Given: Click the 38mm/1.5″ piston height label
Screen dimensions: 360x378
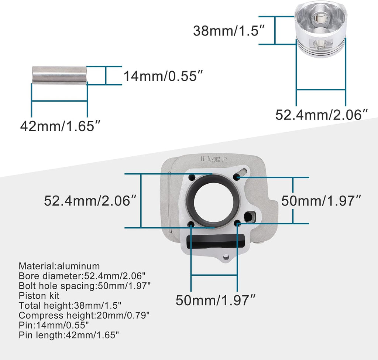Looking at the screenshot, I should (229, 30).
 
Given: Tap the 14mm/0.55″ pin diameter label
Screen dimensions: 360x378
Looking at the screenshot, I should (163, 77).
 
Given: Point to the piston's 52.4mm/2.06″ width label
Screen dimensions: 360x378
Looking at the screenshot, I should (322, 115).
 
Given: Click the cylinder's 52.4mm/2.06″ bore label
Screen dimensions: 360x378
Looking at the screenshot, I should (91, 201).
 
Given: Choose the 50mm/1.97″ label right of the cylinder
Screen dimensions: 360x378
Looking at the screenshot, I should (321, 201).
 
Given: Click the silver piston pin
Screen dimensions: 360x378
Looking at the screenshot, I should (59, 75).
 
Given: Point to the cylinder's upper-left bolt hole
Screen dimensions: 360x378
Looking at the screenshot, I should (191, 178).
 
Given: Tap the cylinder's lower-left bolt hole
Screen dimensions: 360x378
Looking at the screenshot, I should (191, 224).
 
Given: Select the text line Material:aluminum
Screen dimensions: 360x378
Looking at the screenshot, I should (59, 266).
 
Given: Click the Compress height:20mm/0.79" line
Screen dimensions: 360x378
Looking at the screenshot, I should (85, 315).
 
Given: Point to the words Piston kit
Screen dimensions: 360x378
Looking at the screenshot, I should (39, 295).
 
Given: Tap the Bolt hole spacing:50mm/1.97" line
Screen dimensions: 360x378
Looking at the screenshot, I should (85, 285).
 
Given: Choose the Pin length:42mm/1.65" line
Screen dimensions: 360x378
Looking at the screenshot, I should (69, 335).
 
